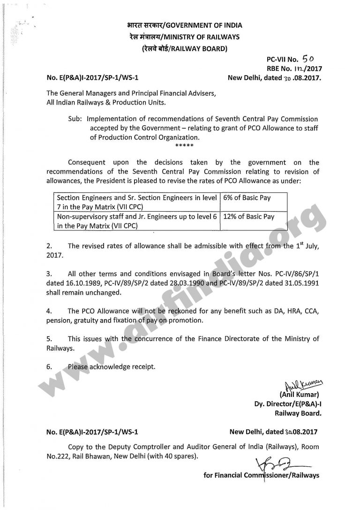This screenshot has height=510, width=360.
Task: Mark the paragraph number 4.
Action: [49, 311]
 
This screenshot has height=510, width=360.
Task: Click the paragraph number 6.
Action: [49, 366]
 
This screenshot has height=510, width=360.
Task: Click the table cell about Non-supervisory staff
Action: [136, 221]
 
